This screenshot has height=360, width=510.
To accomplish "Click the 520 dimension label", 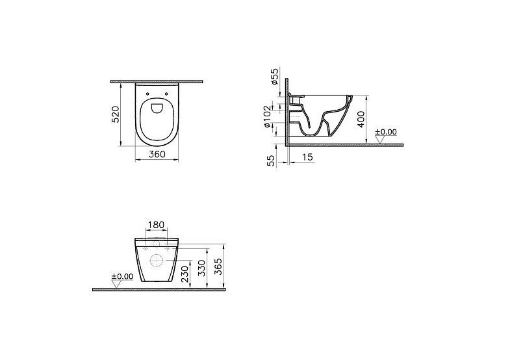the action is tap(116, 114).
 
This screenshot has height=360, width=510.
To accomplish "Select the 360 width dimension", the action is tap(157, 154).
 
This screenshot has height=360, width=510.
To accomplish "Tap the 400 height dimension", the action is tap(361, 119).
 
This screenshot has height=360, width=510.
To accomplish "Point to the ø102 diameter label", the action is tap(267, 116).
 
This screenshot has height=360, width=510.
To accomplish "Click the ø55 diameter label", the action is tap(275, 77).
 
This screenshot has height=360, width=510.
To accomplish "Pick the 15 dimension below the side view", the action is tap(307, 157).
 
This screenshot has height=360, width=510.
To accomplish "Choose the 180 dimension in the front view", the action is tap(156, 225).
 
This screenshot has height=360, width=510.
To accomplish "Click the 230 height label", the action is tap(185, 274).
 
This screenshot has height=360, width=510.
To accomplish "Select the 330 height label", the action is tap(202, 268).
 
